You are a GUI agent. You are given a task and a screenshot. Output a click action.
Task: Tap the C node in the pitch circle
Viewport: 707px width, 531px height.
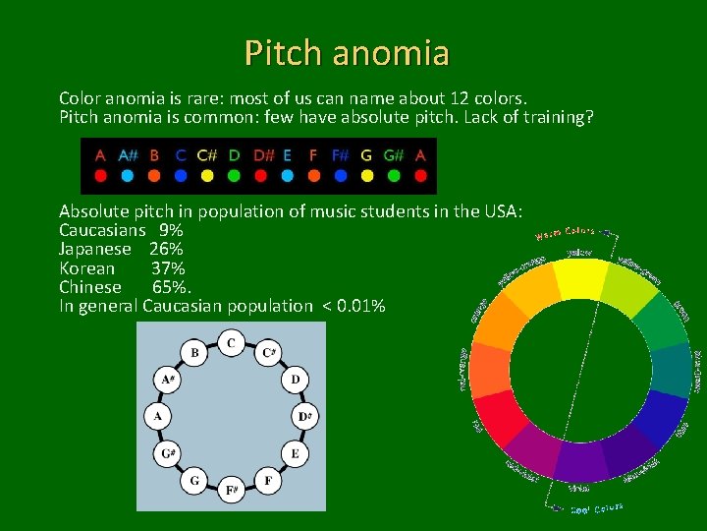click(231, 343)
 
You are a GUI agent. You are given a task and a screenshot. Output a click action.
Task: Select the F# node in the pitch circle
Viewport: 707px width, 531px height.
click(231, 489)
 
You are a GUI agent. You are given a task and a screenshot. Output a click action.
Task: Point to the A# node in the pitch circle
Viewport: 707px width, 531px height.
click(168, 379)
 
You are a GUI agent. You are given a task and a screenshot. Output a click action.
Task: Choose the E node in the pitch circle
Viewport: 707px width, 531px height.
click(294, 453)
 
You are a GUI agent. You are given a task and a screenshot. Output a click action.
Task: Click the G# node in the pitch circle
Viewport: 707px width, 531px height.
click(168, 453)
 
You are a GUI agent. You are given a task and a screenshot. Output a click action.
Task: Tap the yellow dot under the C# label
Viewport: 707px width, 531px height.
click(207, 177)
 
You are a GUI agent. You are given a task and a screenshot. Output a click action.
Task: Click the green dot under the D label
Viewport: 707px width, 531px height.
click(234, 177)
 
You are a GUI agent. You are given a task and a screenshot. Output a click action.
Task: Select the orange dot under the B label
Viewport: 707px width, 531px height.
click(154, 177)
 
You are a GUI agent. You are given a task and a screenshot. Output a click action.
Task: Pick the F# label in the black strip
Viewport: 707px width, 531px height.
click(340, 155)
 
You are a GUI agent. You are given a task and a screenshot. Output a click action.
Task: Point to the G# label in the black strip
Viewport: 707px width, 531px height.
click(394, 155)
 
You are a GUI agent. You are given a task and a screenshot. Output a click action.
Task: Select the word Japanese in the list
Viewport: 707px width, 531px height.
click(94, 250)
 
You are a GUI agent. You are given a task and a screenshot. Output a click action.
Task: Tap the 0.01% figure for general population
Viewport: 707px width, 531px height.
click(359, 306)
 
